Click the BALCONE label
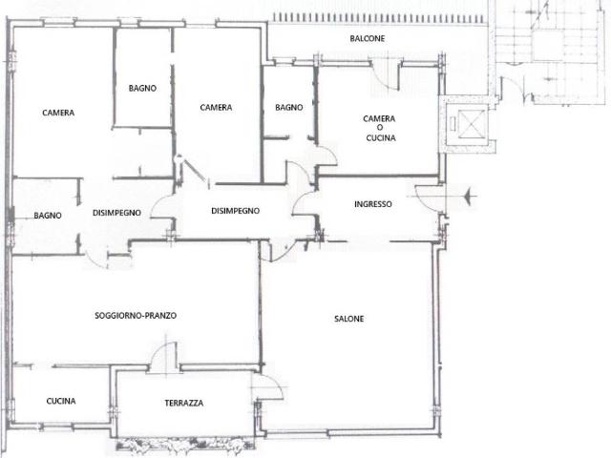[367, 38]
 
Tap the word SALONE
[349, 319]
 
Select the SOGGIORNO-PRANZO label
[136, 316]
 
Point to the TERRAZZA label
[184, 403]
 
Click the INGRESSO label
[373, 204]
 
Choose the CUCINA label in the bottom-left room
[61, 401]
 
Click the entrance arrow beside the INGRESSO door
[471, 196]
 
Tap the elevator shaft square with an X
[473, 123]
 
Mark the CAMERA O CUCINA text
[380, 128]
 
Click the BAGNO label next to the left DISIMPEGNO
[48, 216]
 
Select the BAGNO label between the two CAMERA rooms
[142, 89]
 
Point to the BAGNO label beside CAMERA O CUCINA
[288, 107]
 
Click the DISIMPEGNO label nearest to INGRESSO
[236, 211]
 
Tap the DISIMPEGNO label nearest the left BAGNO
[116, 213]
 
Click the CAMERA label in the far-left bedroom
[58, 113]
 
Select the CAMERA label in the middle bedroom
[216, 108]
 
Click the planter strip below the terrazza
[185, 444]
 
